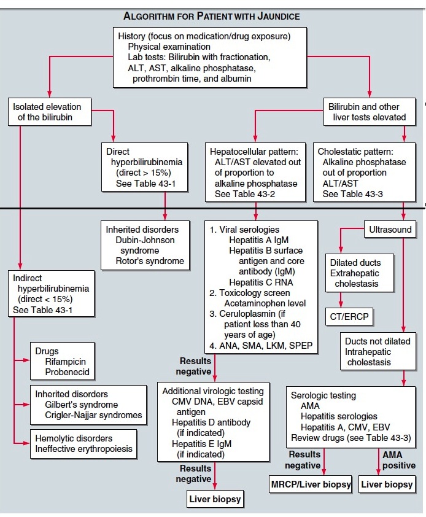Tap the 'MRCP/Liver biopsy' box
coord(311,484)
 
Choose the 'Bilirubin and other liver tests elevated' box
coord(368,112)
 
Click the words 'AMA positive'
coord(398,460)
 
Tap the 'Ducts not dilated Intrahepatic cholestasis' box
coord(376,351)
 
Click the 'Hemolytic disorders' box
coord(82,444)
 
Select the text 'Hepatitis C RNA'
coord(260,282)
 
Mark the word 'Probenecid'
coord(67,372)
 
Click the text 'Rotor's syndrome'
coord(150,261)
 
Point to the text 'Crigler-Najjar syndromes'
coord(93,415)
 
